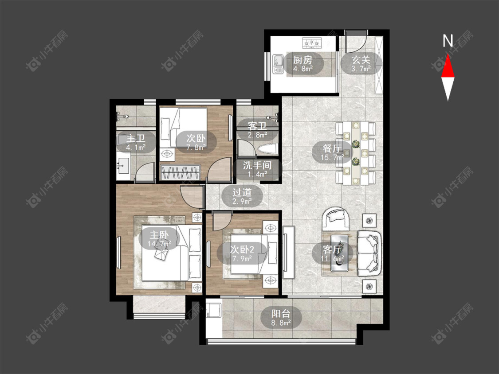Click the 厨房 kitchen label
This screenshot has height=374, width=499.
(303, 60)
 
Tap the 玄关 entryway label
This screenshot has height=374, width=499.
(361, 60)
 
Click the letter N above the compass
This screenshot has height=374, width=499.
(448, 40)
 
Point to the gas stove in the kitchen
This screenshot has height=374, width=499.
(312, 43)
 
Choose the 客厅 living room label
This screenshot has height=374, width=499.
(332, 249)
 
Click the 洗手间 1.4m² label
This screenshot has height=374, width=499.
(257, 169)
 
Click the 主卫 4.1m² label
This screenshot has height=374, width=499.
(136, 143)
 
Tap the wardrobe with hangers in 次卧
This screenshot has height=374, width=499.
(181, 173)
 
